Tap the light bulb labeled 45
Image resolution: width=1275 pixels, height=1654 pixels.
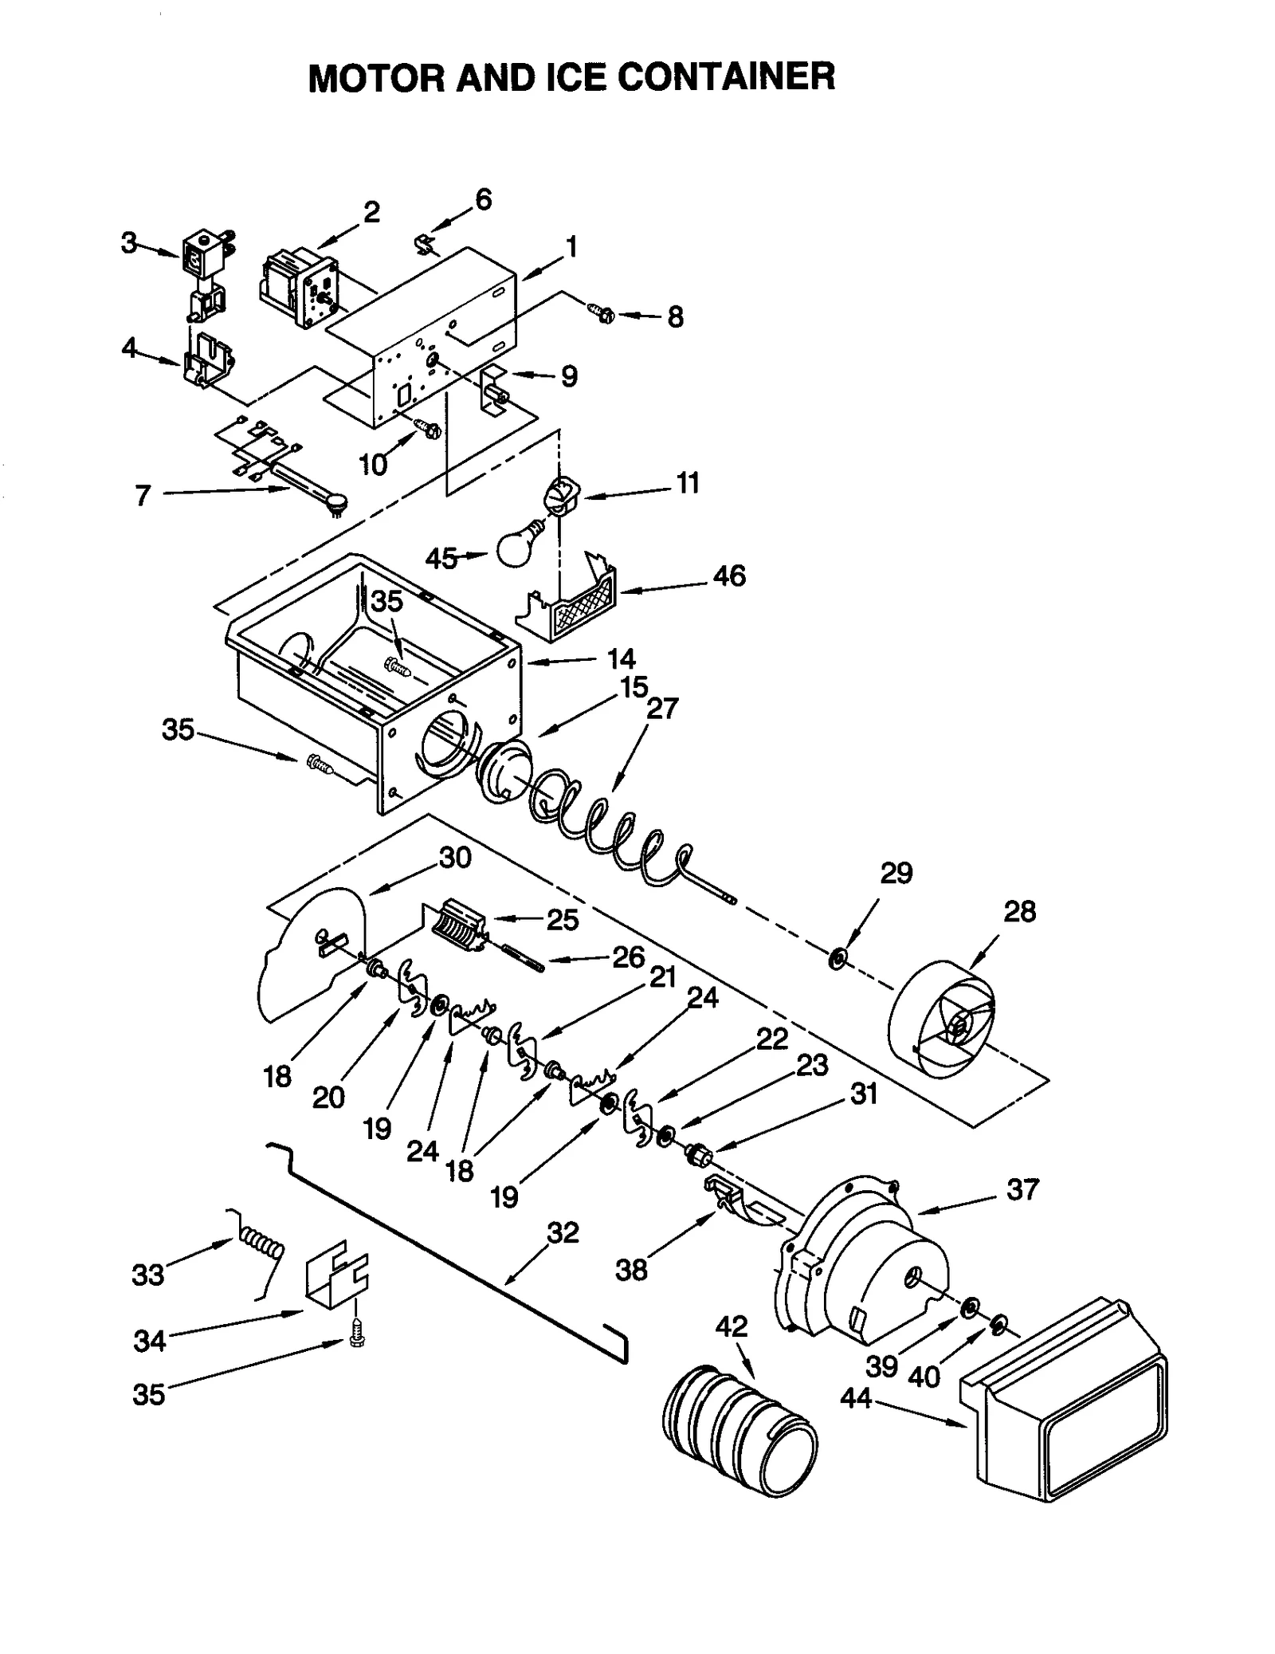point(518,544)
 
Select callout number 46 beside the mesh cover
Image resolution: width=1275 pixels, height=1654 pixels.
point(728,576)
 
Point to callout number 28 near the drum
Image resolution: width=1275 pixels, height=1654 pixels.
point(1019,911)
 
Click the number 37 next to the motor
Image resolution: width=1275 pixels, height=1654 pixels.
point(1022,1190)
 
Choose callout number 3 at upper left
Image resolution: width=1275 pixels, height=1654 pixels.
point(129,242)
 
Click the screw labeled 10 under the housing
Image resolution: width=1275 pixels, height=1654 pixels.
point(430,431)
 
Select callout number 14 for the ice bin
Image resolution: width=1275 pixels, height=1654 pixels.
point(621,658)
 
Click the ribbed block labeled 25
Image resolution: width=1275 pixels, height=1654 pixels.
point(461,926)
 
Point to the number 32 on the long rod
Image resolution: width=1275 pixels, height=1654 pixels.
point(563,1233)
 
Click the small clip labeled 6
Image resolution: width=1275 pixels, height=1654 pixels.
point(426,244)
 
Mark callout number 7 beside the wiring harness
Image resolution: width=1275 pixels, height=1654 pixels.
point(143,496)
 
